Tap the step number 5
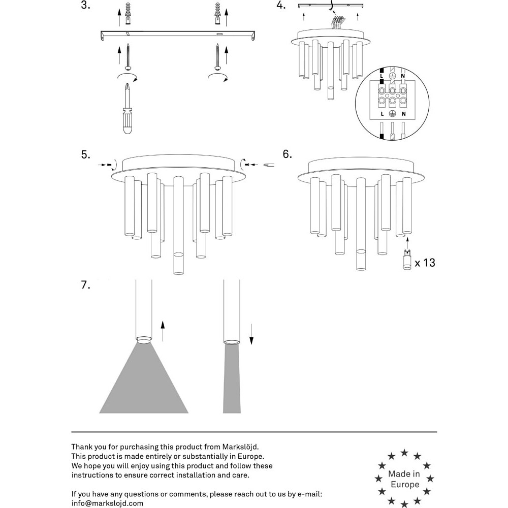click(85, 155)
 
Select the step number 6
click(288, 154)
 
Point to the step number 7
click(85, 285)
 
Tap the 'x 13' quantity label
click(425, 263)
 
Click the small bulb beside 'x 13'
click(407, 260)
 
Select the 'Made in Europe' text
click(404, 479)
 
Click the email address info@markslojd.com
click(107, 503)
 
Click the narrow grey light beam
click(232, 378)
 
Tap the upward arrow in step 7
click(163, 330)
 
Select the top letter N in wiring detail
click(403, 76)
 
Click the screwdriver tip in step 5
click(268, 164)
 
